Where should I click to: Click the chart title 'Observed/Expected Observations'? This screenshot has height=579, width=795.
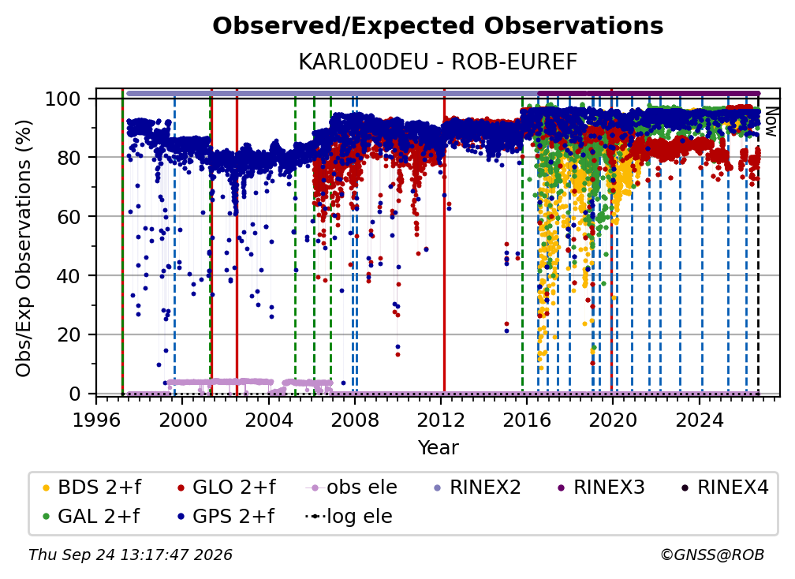(x=438, y=26)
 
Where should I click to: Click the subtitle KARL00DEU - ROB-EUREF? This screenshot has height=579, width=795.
(x=438, y=62)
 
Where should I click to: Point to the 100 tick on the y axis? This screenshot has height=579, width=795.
(x=69, y=99)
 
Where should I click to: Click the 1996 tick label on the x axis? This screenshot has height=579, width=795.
(x=96, y=420)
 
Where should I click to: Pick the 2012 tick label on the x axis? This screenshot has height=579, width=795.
(x=441, y=420)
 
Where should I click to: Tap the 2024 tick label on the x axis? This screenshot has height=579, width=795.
(x=699, y=420)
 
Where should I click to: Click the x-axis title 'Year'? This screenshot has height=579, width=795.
(x=438, y=447)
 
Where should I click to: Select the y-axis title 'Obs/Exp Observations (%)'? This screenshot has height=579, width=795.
(x=24, y=248)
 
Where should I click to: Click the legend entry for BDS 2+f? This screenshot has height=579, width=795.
(x=92, y=487)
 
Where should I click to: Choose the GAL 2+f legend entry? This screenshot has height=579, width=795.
(x=91, y=516)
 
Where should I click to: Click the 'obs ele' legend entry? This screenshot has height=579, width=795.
(x=352, y=487)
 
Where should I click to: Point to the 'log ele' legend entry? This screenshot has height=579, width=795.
(x=349, y=516)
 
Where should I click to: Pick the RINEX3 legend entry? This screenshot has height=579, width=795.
(x=601, y=487)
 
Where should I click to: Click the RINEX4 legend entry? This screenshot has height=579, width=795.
(x=725, y=487)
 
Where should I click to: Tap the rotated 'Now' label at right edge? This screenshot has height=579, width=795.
(x=771, y=121)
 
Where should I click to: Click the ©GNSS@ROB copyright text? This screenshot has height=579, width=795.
(x=712, y=555)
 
